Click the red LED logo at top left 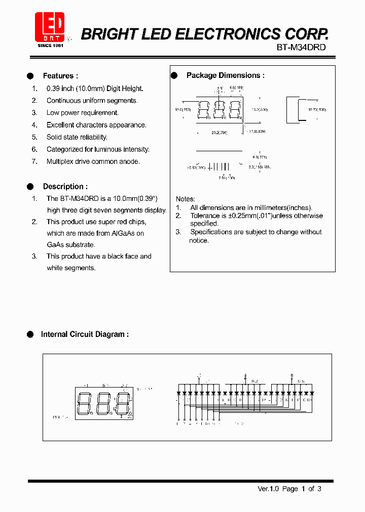click(50, 26)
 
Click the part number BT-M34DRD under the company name click(301, 47)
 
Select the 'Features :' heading click(60, 76)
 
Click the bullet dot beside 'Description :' click(30, 186)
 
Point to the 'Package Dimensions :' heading click(225, 75)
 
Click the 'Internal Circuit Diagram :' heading click(84, 334)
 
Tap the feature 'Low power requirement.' click(83, 113)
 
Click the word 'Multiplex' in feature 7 click(61, 161)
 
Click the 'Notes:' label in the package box click(185, 199)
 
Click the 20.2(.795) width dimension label click(220, 133)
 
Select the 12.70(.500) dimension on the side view click(317, 109)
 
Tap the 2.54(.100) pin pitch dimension click(227, 178)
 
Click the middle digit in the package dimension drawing click(219, 110)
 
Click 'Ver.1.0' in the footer click(269, 489)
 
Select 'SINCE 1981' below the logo click(51, 46)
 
